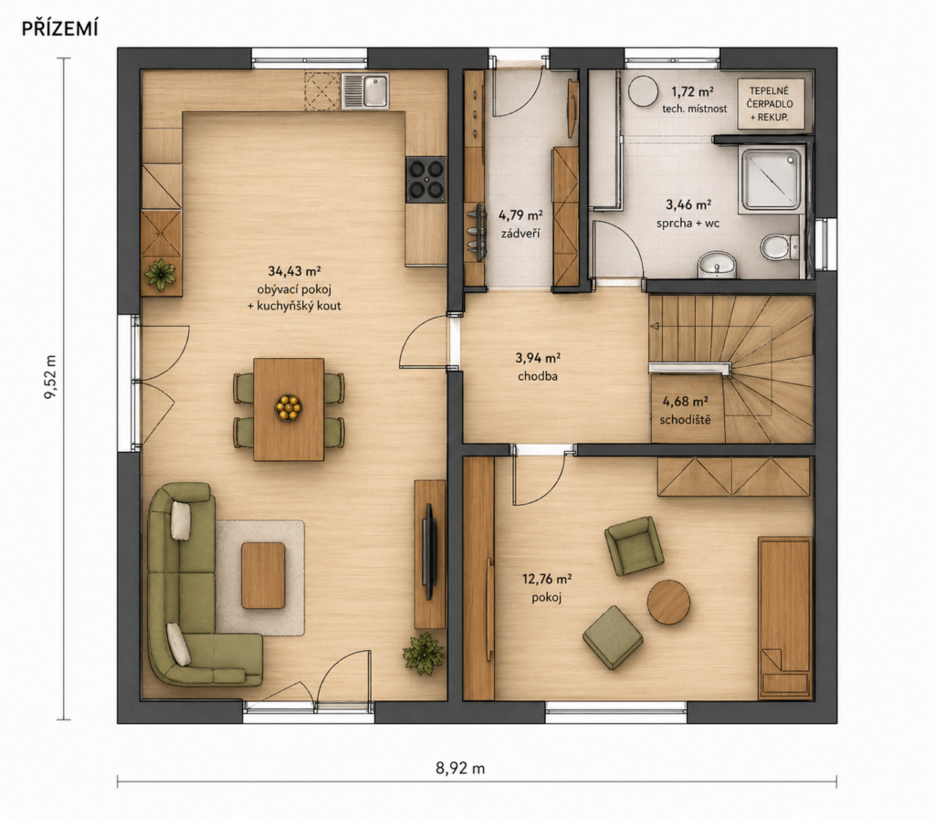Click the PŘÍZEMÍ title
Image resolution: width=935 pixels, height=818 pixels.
(x=59, y=28)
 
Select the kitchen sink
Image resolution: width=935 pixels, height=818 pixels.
(x=365, y=91)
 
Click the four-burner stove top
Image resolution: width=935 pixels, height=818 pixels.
(x=425, y=180)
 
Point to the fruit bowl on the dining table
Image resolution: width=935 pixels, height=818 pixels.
(x=289, y=408)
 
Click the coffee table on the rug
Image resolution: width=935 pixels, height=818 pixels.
(x=263, y=575)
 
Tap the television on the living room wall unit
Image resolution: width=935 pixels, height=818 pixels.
(x=429, y=551)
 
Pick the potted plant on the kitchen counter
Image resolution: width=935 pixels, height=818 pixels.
(x=161, y=275)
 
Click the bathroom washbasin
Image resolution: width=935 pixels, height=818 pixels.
(x=717, y=264)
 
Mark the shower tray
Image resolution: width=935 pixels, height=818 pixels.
(x=771, y=181)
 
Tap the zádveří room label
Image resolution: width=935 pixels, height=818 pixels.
(x=520, y=233)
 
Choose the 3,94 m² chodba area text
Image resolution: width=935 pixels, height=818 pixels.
(x=538, y=367)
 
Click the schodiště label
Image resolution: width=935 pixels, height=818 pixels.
(x=685, y=420)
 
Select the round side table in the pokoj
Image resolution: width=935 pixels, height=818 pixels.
(x=669, y=602)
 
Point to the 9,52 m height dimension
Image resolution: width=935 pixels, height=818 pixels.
(x=51, y=380)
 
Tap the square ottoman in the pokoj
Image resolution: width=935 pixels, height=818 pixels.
(x=613, y=637)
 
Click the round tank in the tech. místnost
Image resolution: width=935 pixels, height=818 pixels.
(x=644, y=91)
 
